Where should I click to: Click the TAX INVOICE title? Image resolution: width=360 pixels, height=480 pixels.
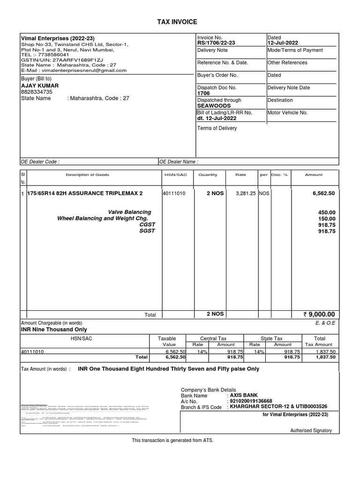tap(180, 22)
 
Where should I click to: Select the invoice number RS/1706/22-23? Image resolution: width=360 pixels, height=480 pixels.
tap(217, 43)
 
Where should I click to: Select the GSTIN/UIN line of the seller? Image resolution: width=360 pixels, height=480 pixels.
tap(62, 60)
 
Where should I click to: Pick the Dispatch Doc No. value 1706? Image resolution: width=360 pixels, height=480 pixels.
tap(203, 93)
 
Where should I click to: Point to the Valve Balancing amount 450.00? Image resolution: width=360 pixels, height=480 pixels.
tap(327, 212)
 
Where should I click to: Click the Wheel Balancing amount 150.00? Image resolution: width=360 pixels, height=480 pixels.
tap(327, 218)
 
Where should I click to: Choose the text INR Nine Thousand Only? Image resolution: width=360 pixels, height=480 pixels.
tap(54, 330)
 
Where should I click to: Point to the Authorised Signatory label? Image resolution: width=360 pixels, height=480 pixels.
tap(311, 430)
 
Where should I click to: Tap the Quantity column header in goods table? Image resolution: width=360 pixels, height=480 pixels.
tap(208, 175)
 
